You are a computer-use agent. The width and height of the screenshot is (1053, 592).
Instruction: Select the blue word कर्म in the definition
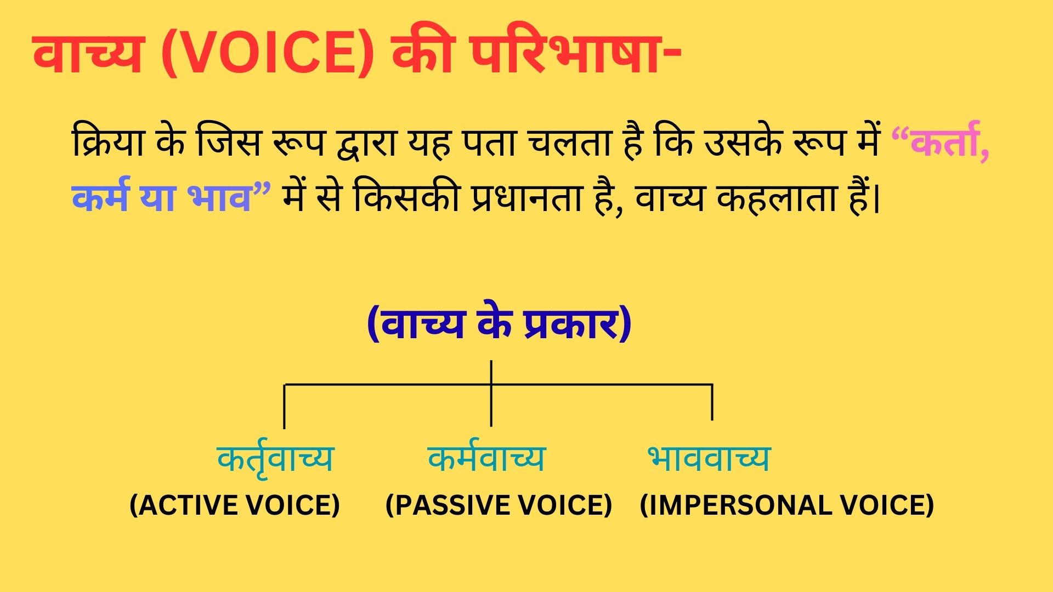click(100, 197)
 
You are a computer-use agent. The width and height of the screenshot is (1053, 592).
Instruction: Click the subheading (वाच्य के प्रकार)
click(499, 325)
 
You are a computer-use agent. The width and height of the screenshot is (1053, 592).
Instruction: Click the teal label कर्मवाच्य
click(486, 458)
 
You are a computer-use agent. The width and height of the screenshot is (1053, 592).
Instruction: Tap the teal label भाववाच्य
click(709, 458)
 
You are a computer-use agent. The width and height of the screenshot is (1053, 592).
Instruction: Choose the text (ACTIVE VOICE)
click(235, 505)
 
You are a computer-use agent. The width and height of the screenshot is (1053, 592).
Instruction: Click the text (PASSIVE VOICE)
click(499, 505)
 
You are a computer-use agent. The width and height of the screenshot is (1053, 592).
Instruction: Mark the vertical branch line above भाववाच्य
click(712, 402)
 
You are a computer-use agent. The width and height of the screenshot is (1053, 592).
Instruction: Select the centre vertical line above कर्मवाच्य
click(491, 406)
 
